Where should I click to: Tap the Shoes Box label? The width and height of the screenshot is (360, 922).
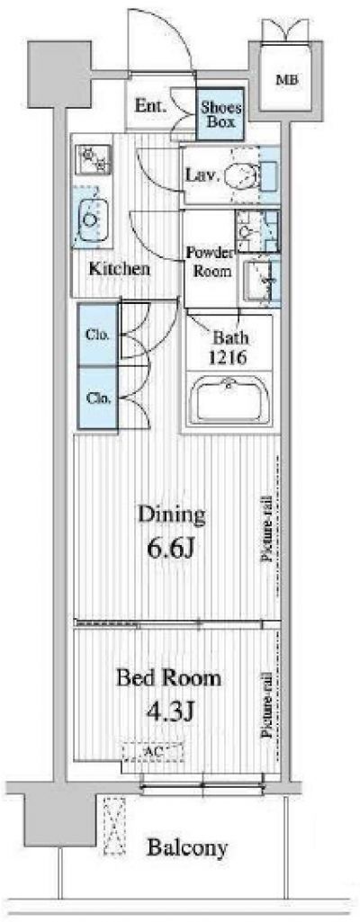click(220, 114)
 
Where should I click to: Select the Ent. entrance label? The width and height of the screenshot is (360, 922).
click(150, 106)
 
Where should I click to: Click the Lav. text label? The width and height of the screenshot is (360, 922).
click(202, 175)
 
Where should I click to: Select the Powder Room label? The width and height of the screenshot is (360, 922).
click(209, 263)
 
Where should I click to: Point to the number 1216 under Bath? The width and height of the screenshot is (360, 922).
click(229, 357)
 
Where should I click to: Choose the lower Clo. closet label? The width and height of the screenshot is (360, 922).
click(97, 398)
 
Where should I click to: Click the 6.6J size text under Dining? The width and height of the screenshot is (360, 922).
click(171, 551)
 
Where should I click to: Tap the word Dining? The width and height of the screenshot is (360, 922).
click(171, 515)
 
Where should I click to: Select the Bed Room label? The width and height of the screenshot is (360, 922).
click(169, 678)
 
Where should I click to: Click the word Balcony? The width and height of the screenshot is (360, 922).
click(187, 847)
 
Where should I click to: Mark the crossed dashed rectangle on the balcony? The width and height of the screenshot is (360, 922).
click(114, 826)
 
